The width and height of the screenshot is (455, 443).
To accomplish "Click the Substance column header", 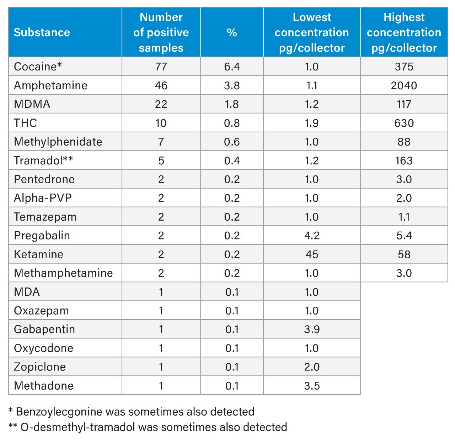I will point(42,32).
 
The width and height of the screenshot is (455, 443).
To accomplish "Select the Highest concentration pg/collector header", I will point(404,32).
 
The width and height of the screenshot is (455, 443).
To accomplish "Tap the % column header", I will point(232,32).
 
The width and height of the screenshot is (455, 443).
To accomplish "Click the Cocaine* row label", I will point(38,67).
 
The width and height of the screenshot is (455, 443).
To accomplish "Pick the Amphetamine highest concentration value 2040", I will point(404,85).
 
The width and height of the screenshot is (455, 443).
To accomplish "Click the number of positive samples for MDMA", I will point(161,104).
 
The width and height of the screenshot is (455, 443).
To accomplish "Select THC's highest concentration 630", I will point(404,123).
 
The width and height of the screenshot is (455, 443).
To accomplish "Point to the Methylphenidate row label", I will point(58,142).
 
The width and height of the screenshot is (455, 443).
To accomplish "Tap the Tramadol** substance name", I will point(43,160).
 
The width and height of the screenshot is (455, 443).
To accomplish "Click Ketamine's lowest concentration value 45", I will point(312,254).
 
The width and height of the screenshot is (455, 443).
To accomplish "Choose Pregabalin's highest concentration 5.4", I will point(404,236).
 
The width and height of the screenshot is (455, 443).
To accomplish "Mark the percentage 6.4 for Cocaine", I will point(232,67).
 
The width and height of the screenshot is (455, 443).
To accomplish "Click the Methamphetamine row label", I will point(63,273).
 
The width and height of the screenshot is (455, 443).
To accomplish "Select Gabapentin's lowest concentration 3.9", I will point(312,329).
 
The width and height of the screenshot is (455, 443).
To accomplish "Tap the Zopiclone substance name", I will point(40,367).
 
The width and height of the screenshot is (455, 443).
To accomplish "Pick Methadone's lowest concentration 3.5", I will point(312,386).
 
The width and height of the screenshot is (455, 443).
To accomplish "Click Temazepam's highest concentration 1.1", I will point(404,217).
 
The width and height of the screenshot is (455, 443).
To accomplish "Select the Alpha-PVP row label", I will point(43,198).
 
